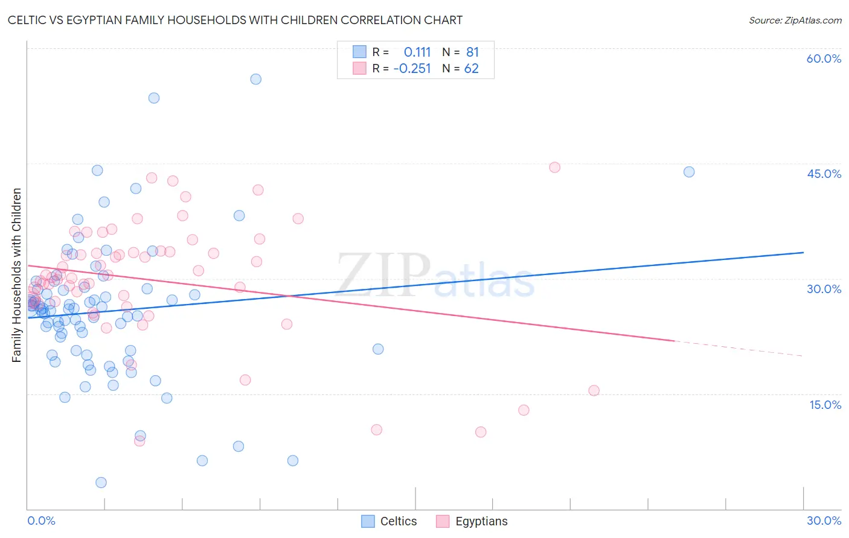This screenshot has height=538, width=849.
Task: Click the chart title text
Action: click(235, 20)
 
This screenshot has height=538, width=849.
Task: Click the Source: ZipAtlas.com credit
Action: click(795, 20)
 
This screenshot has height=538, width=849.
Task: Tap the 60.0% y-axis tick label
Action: click(824, 59)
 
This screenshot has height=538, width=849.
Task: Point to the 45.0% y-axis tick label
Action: click(824, 174)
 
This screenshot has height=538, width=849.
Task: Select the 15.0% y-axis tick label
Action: click(825, 405)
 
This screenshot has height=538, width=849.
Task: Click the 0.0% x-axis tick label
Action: click(41, 521)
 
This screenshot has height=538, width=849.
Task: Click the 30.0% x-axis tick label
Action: click(824, 521)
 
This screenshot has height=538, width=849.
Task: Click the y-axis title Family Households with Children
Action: click(16, 275)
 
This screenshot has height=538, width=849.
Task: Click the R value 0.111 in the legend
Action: click(417, 52)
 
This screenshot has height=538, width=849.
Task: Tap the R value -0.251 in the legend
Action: click(412, 69)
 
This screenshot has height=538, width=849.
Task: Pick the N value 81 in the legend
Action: click(472, 52)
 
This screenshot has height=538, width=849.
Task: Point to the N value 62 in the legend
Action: click(471, 69)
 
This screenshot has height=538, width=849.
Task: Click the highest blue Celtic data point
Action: click(256, 79)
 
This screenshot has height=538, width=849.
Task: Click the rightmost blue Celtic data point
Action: click(689, 172)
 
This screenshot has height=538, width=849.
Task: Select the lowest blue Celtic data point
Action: click(101, 483)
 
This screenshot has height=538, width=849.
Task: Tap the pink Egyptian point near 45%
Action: click(555, 167)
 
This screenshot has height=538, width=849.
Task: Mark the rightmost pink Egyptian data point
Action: click(594, 390)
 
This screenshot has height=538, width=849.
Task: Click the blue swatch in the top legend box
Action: click(359, 52)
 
